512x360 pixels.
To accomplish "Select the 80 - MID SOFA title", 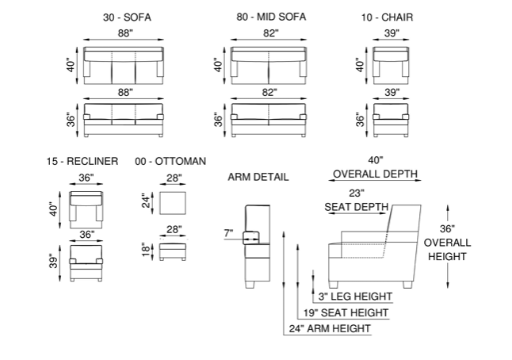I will (271, 17).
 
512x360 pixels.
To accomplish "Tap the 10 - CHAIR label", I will (387, 17).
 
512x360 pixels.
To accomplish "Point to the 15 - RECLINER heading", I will (82, 161).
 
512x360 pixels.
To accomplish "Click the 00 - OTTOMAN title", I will (170, 161).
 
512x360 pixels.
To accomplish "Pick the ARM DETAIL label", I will (258, 176).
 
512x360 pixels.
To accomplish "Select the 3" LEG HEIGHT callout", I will (354, 297).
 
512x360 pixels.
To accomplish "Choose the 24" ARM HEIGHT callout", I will (330, 328).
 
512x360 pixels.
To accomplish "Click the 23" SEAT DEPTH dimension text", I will (356, 200).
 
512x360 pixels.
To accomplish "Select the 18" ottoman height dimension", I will (144, 251).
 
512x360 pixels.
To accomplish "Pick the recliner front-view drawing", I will (87, 262).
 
